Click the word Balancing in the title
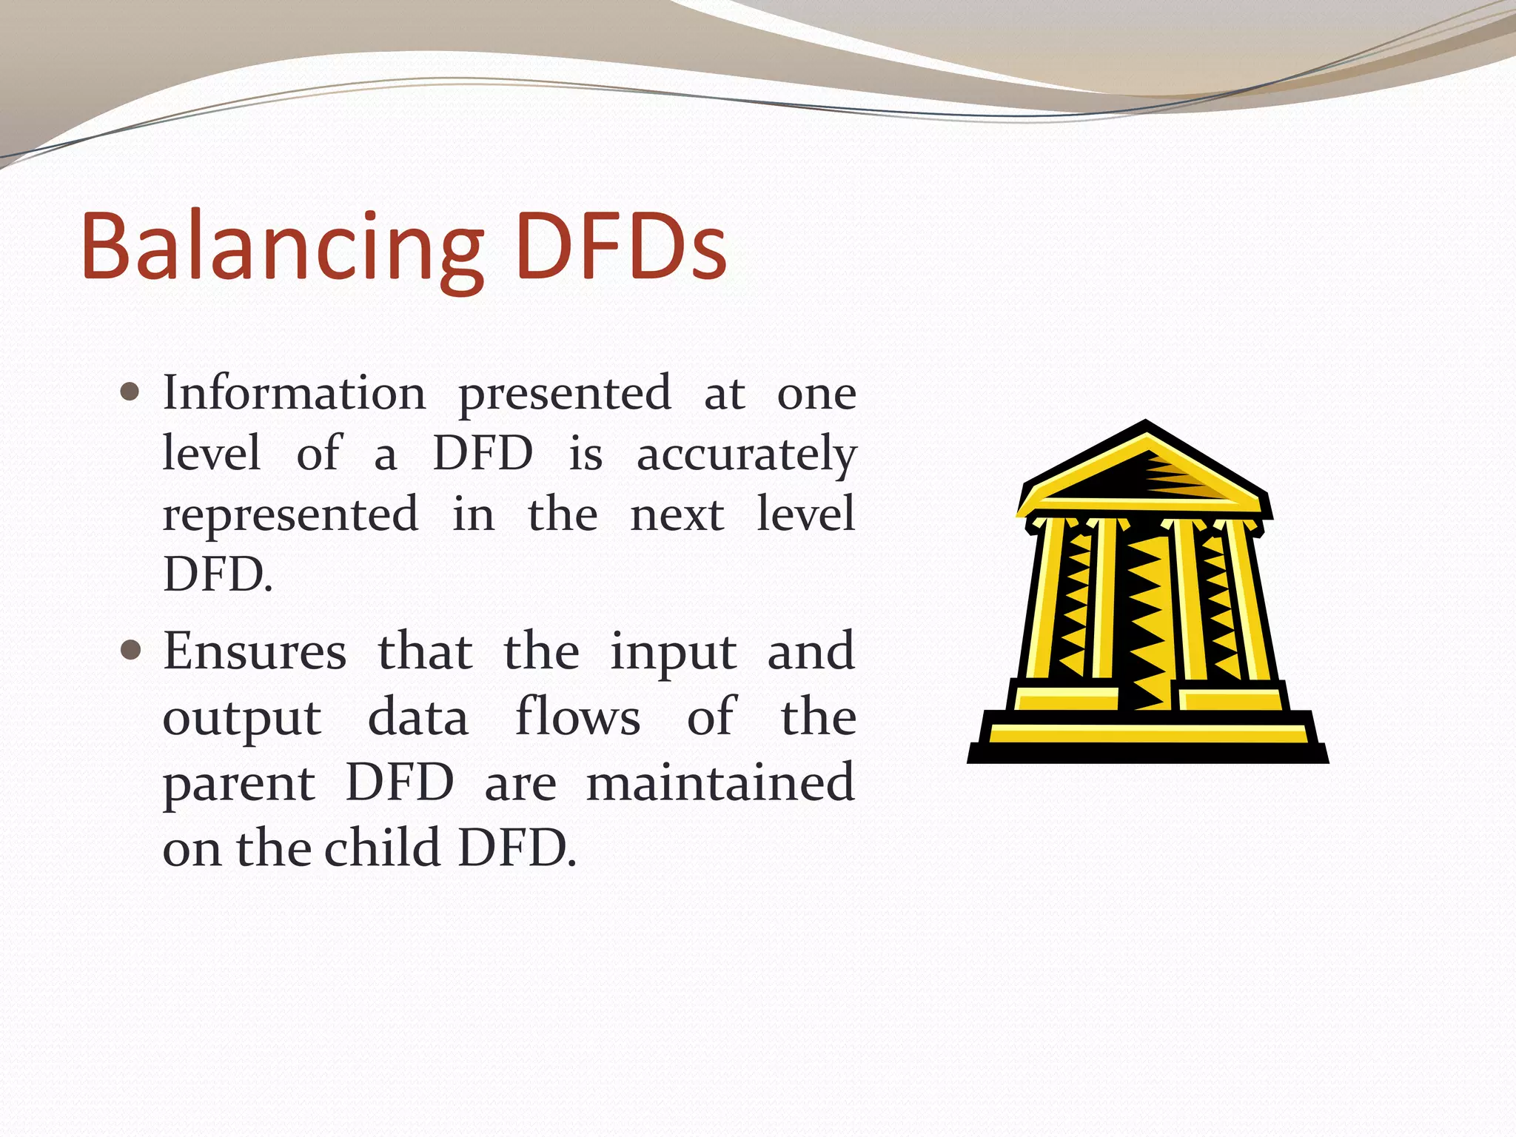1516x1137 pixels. pyautogui.click(x=281, y=247)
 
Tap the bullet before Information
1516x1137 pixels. pyautogui.click(x=130, y=392)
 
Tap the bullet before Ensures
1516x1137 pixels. pyautogui.click(x=130, y=651)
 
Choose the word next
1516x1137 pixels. pyautogui.click(x=677, y=515)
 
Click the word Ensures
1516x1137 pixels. pyautogui.click(x=255, y=651)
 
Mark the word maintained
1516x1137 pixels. pyautogui.click(x=720, y=782)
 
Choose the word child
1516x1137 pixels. pyautogui.click(x=383, y=848)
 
